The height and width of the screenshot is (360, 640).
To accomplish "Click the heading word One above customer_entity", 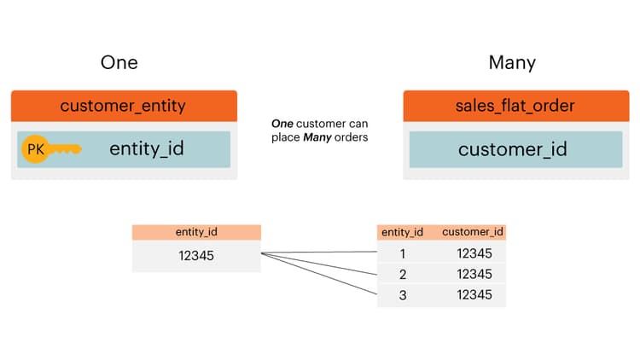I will click(119, 62).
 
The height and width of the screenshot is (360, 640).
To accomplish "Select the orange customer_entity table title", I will click(123, 106).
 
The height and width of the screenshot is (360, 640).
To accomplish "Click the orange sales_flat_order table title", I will click(515, 106).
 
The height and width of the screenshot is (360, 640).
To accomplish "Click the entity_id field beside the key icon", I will click(147, 149).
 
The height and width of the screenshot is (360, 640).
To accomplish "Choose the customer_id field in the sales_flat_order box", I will click(513, 149).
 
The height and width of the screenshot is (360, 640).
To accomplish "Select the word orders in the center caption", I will click(351, 137).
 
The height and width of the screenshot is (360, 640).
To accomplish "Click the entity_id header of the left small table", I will click(195, 232).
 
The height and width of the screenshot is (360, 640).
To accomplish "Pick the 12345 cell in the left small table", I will click(195, 255).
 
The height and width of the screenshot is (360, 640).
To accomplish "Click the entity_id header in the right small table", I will click(403, 232).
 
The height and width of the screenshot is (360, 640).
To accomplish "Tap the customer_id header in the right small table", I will click(472, 232).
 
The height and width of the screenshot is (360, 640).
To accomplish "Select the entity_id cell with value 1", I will click(403, 253).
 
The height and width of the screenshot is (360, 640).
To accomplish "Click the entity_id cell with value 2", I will click(403, 274).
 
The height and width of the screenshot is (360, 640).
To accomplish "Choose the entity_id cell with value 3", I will click(403, 294).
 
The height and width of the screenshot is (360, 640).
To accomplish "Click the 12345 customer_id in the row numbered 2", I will click(474, 274).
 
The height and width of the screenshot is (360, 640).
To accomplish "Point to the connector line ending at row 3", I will click(324, 276).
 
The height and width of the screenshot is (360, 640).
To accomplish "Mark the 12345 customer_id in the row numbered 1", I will click(474, 253).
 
